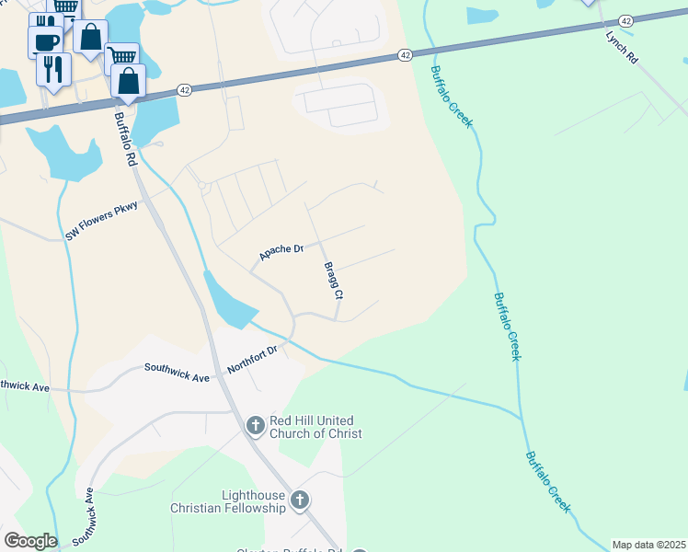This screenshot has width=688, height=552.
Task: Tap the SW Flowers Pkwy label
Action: pos(101,222)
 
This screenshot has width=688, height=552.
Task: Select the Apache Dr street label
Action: pos(281,251)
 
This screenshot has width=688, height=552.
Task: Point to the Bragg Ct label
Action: pos(333,282)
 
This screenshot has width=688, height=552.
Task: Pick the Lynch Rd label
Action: pos(621,46)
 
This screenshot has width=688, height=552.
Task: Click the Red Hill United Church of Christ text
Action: pos(315,427)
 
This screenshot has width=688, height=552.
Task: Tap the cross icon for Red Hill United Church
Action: pos(256,425)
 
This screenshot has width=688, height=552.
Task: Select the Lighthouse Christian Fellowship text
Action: pos(229,501)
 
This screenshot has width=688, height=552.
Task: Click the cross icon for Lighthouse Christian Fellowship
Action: pos(298,500)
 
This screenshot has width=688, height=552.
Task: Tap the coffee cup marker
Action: pos(46,41)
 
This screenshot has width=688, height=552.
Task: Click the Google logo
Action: pos(30,541)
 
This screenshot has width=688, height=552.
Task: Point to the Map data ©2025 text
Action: pos(648,545)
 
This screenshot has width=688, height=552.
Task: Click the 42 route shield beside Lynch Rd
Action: pos(625,20)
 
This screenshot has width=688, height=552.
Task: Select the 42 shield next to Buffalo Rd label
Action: pos(186,90)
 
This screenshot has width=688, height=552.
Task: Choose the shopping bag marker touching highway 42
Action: pos(129,81)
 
